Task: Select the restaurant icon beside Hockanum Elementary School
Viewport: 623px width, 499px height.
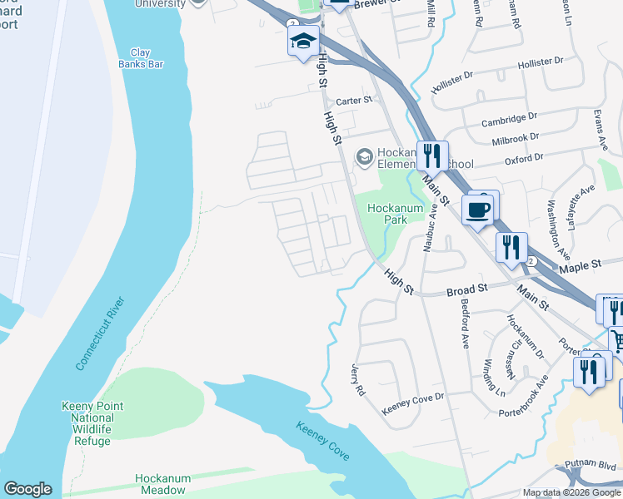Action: coord(431,156)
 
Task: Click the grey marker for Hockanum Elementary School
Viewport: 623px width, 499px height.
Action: coord(363,156)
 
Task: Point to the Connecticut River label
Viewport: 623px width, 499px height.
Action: coord(99,333)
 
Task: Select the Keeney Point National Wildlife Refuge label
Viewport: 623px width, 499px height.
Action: coord(92,423)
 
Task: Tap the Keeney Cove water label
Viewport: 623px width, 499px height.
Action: coord(323,442)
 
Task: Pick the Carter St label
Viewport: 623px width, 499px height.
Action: coord(353,101)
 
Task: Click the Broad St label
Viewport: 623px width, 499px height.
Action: coord(466,289)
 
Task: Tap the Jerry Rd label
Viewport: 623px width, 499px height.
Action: coord(358,379)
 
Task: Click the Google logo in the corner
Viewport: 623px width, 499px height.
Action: coord(27,489)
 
